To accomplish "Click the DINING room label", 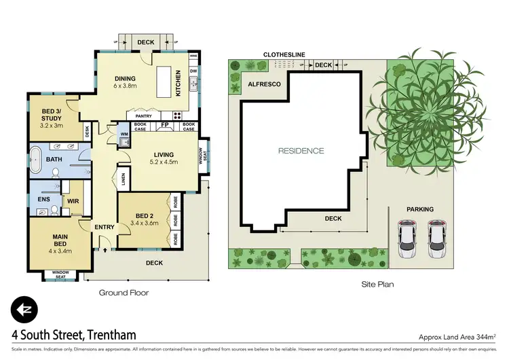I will pos(126,77).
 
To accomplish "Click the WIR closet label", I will pos(73,201).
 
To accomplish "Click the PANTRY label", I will pos(144,116).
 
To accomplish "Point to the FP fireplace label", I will pos(164,126).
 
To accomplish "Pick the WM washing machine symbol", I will pos(123,134).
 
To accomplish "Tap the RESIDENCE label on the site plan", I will pos(301,151).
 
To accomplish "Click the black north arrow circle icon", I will pos(24,310).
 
